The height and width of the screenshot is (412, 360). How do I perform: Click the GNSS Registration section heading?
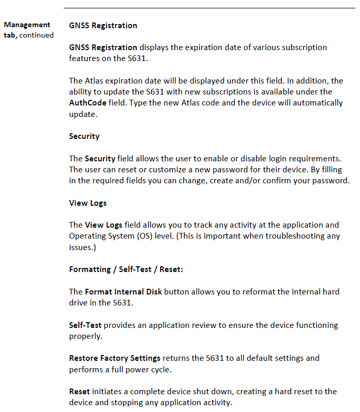coord(103,25)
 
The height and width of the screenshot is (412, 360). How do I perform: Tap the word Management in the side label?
coord(27,25)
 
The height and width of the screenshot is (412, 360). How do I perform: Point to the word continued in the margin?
coord(37,35)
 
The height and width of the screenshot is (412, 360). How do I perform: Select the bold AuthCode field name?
coord(87,102)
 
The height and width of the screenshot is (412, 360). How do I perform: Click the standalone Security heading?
coord(84,136)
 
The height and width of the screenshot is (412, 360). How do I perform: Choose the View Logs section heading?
coord(88,203)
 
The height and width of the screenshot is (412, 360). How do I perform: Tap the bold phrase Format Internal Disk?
coord(123,291)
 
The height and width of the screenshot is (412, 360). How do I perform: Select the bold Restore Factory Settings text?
coord(115,358)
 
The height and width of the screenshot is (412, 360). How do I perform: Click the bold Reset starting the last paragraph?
coord(79,391)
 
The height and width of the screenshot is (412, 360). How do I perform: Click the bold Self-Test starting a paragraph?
coord(85,325)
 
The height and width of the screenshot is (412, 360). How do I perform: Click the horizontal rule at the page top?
coord(209,8)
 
